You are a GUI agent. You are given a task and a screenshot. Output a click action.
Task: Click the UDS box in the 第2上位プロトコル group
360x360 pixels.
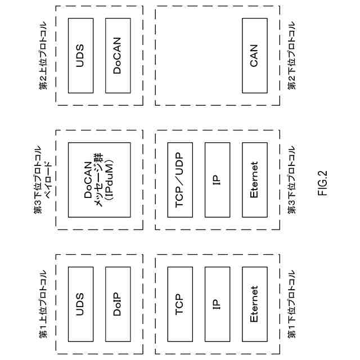(80, 56)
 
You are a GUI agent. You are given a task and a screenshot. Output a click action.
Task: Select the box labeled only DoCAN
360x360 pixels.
(117, 56)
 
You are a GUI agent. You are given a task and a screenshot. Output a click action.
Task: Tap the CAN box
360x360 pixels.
(254, 56)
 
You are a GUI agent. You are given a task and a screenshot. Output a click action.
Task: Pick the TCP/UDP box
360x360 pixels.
(180, 179)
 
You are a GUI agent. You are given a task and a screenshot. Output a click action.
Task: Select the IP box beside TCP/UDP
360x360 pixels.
(217, 179)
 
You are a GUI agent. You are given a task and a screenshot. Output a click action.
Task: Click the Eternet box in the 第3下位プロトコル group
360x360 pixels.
(254, 179)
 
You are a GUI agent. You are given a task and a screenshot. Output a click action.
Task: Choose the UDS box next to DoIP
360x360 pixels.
(80, 304)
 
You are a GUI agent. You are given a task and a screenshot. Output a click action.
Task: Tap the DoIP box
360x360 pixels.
(117, 304)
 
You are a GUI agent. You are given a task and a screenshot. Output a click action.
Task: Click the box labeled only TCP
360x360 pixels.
(180, 304)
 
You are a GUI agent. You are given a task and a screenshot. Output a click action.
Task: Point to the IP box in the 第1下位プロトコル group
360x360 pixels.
(217, 304)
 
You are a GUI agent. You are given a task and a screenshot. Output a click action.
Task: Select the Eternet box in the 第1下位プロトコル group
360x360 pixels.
(254, 304)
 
